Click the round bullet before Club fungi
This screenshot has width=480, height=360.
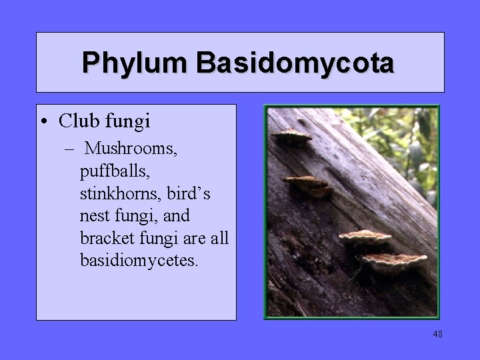tap(43, 122)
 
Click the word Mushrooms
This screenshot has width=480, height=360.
tap(132, 147)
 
